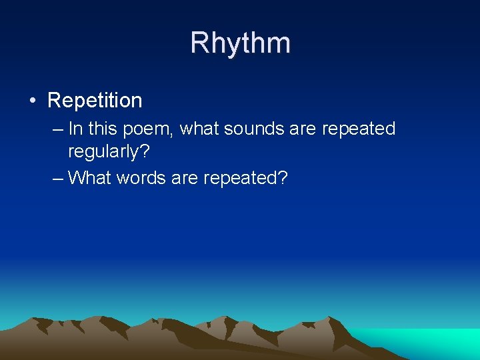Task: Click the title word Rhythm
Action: click(240, 43)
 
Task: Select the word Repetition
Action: click(95, 101)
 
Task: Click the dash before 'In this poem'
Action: click(57, 129)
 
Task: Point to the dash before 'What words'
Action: click(57, 178)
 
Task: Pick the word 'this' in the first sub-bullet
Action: click(103, 129)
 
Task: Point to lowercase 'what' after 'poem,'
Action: click(199, 129)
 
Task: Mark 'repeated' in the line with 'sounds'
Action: click(359, 129)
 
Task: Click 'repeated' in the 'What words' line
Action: click(240, 179)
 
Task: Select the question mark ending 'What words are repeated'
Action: click(283, 178)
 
